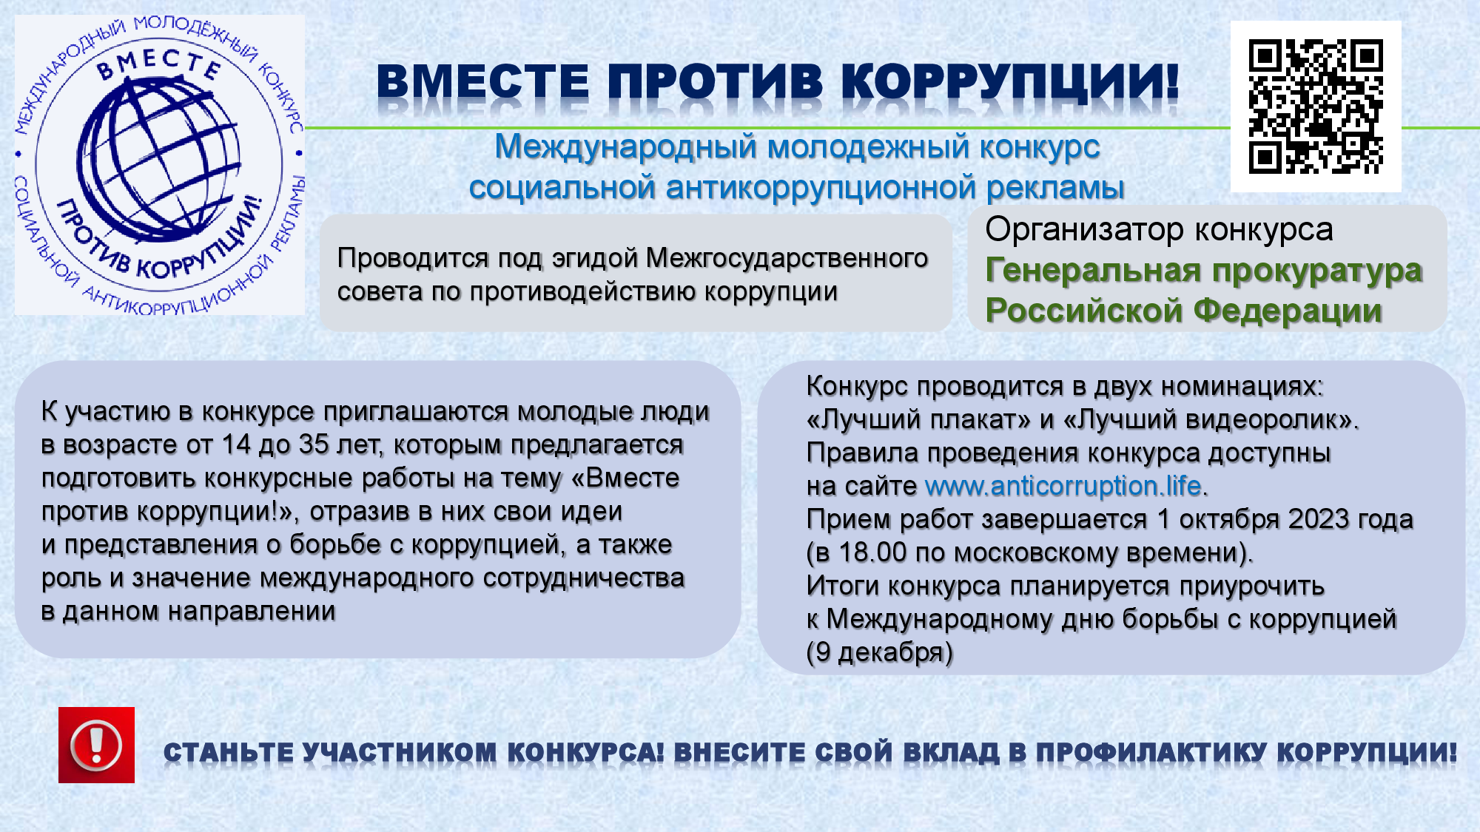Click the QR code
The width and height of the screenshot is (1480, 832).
pyautogui.click(x=1316, y=106)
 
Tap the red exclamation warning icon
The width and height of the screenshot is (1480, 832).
pyautogui.click(x=96, y=745)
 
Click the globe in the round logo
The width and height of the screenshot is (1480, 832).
pyautogui.click(x=159, y=160)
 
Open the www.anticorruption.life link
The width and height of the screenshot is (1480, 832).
pyautogui.click(x=1063, y=486)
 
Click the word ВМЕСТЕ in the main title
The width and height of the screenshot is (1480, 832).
pyautogui.click(x=483, y=81)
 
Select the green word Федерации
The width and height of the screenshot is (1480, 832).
pyautogui.click(x=1288, y=311)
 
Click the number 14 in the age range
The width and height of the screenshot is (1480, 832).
pyautogui.click(x=236, y=444)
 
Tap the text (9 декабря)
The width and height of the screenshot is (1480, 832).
pyautogui.click(x=880, y=652)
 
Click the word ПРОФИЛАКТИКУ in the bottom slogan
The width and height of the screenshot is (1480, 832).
pyautogui.click(x=1151, y=753)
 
